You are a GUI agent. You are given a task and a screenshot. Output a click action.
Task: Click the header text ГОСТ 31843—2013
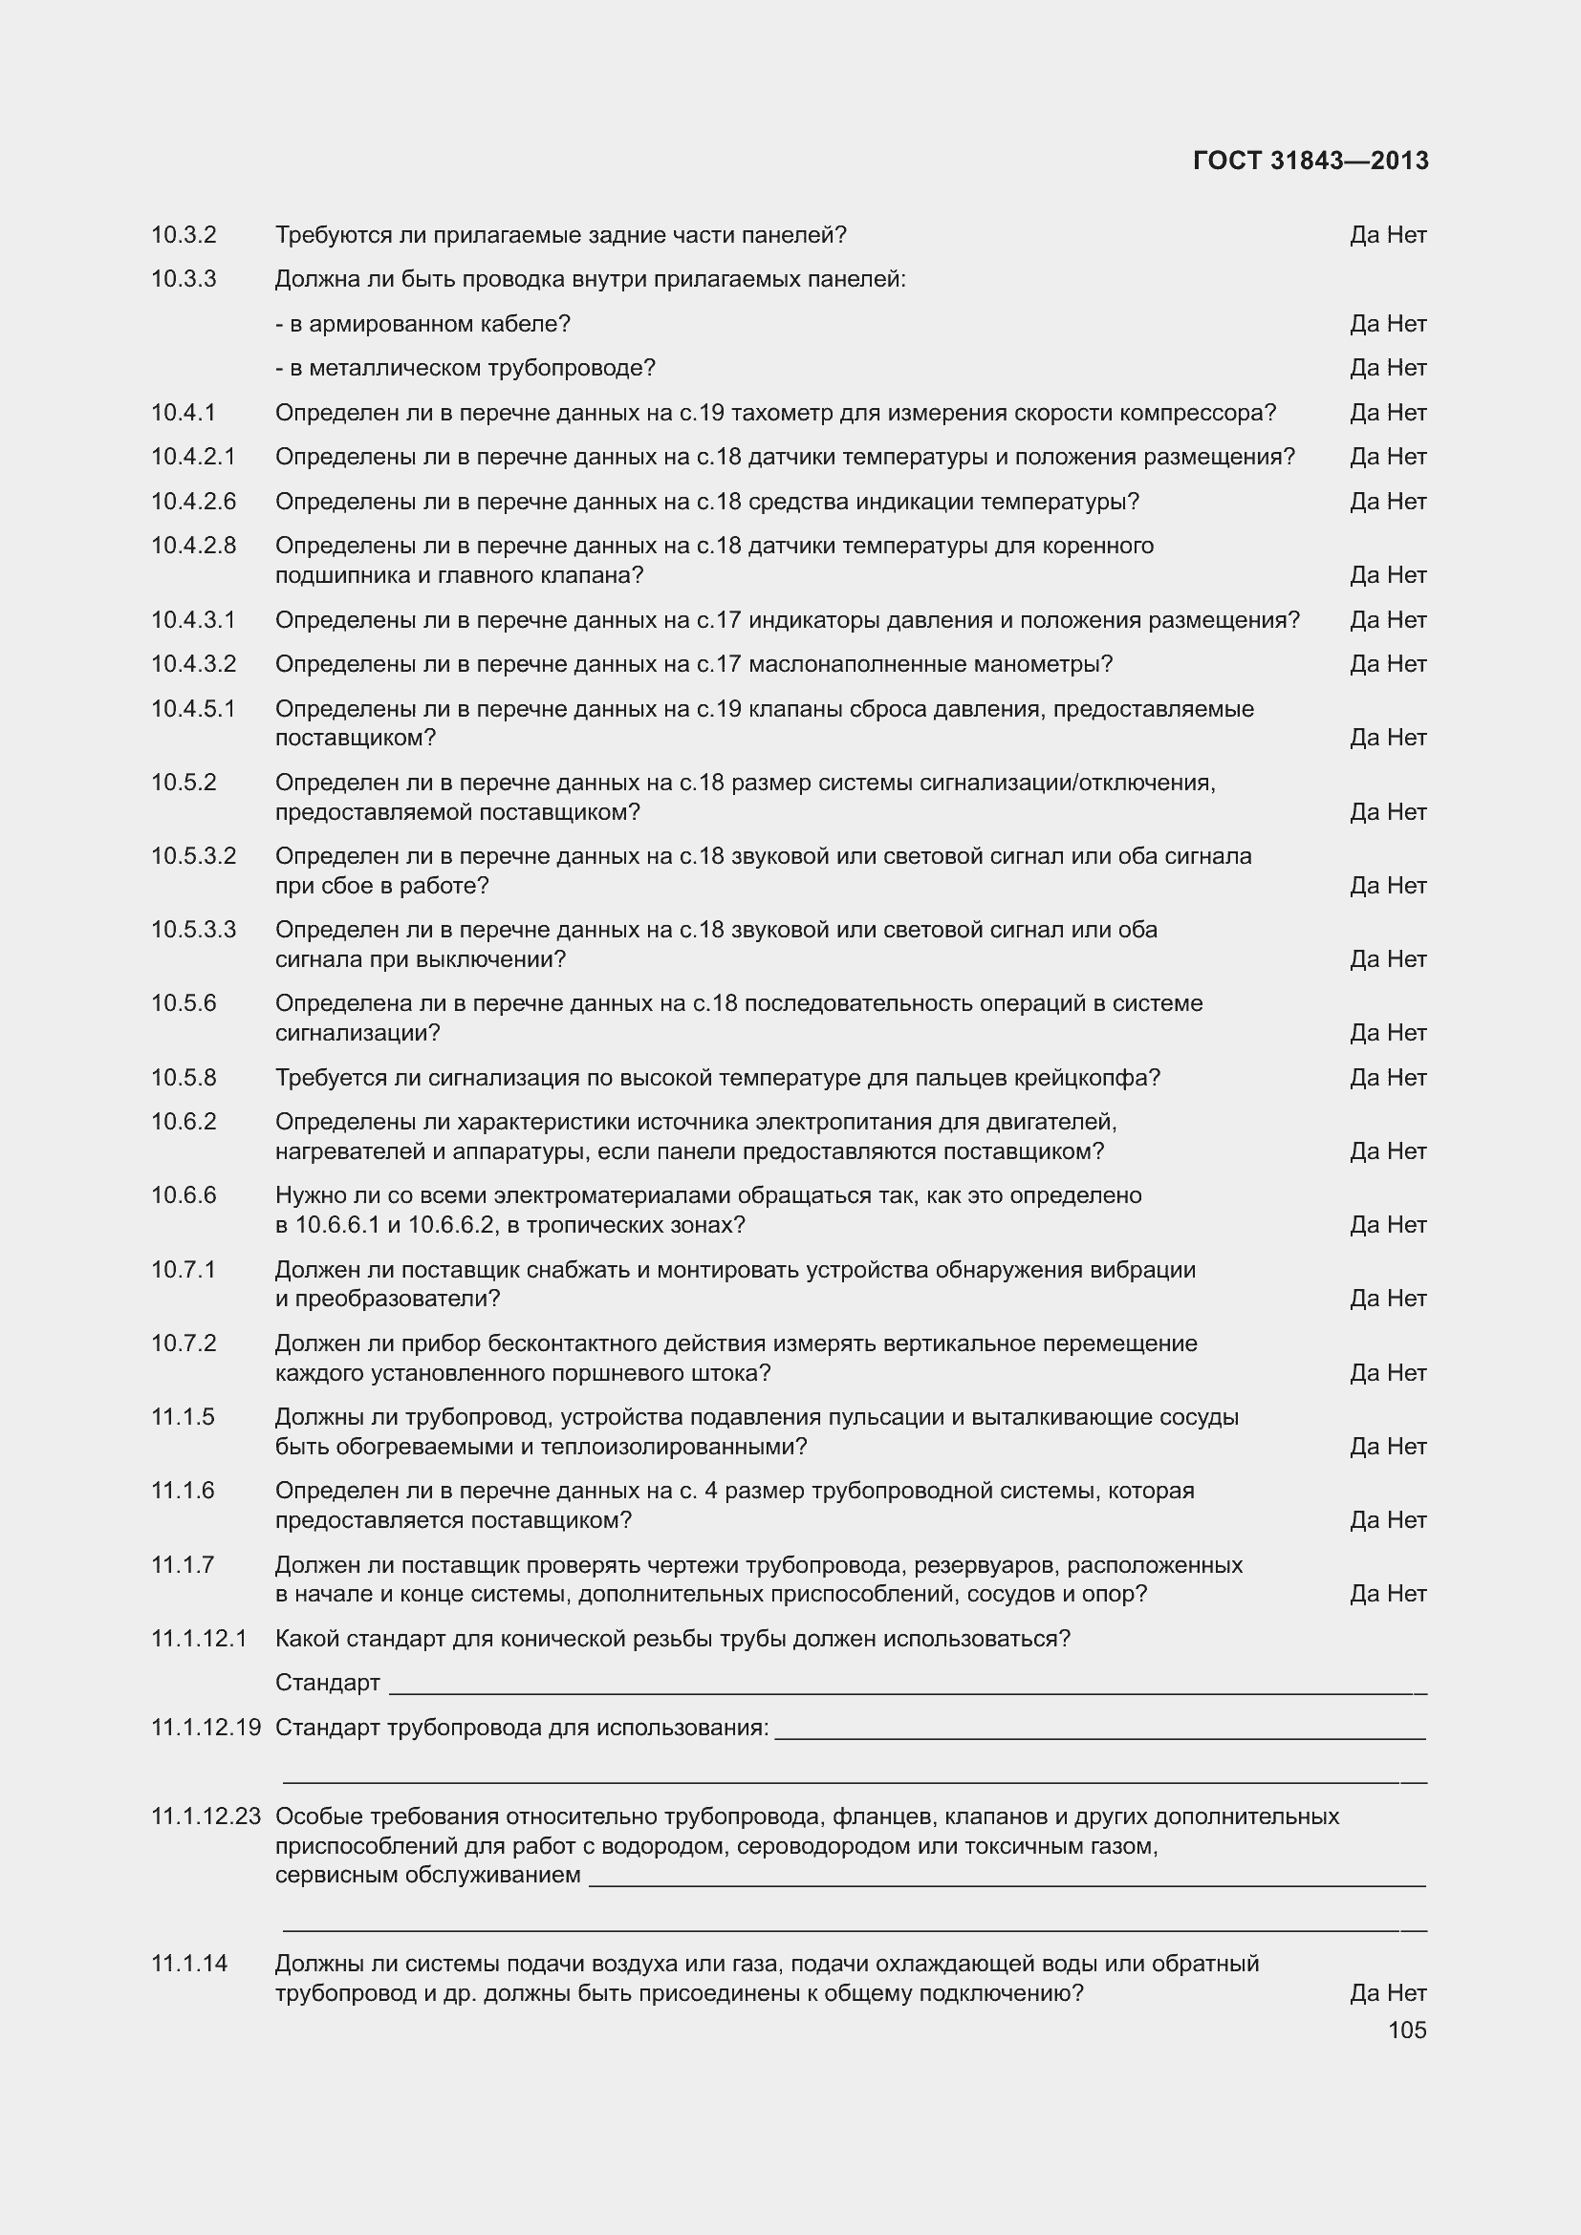[x=1310, y=161]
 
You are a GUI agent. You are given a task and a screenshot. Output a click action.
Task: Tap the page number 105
[x=1407, y=2030]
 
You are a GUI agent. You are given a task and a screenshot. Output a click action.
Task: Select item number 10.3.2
[x=183, y=235]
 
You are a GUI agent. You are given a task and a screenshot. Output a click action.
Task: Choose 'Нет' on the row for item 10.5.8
[x=1407, y=1078]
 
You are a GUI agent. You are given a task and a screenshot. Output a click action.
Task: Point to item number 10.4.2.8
[x=193, y=545]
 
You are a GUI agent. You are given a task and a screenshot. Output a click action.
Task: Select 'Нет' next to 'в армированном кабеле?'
[x=1407, y=323]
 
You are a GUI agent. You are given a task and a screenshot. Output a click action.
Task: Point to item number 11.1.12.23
[x=206, y=1816]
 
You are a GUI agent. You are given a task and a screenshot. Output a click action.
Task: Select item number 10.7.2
[x=183, y=1343]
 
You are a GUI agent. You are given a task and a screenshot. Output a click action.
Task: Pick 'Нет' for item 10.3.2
[x=1407, y=235]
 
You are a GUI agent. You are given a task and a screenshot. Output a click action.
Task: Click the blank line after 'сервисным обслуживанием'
[x=1007, y=1884]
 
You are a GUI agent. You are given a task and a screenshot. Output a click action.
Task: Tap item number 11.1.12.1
[x=199, y=1639]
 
